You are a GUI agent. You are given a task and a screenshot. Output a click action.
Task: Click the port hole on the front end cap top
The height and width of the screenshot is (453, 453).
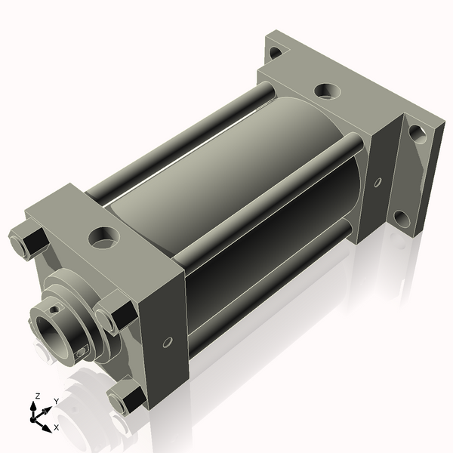click(x=101, y=238)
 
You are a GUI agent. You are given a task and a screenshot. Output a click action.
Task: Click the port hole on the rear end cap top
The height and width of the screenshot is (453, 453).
click(x=326, y=91)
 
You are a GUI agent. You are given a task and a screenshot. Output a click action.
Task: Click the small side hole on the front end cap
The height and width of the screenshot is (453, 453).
click(x=168, y=343)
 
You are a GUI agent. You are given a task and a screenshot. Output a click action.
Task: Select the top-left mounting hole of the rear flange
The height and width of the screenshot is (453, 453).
click(x=276, y=52)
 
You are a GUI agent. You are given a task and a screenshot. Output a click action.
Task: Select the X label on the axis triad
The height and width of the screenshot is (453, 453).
click(x=56, y=428)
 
